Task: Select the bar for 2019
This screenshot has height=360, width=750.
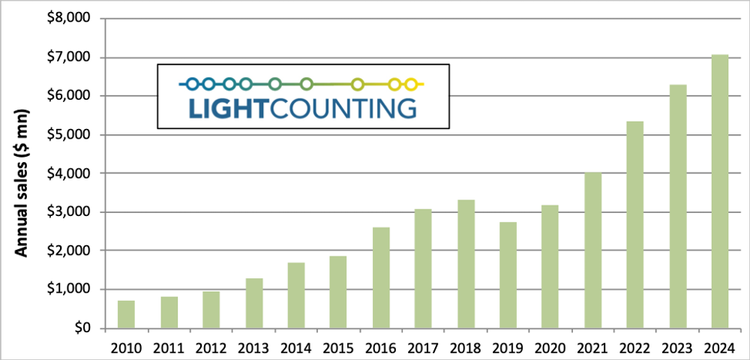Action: click(x=508, y=274)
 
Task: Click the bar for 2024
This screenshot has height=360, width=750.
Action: click(x=720, y=191)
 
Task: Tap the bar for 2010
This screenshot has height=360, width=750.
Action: click(x=126, y=314)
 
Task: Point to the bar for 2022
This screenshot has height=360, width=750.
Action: click(x=634, y=224)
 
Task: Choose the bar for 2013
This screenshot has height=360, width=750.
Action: click(x=253, y=303)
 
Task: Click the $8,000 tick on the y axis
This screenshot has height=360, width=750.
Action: click(x=67, y=19)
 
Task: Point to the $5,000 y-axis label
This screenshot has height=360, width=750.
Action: click(x=67, y=135)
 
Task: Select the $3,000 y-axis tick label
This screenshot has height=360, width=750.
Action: click(x=67, y=212)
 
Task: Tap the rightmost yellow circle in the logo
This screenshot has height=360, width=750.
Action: click(x=411, y=84)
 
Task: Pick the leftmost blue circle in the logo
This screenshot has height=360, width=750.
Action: click(x=192, y=84)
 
